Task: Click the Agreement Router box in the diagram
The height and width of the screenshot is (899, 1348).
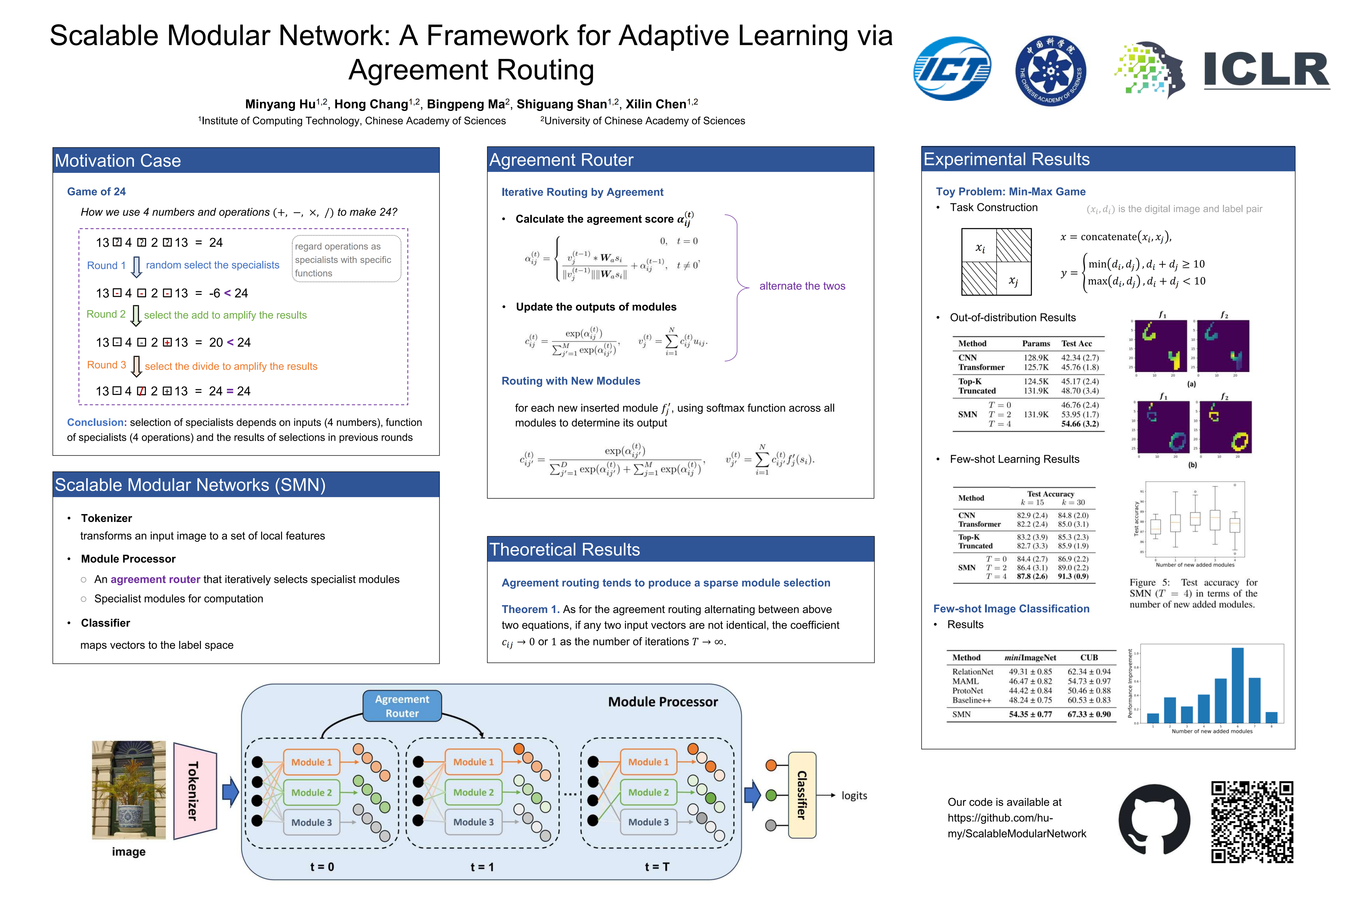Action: [402, 706]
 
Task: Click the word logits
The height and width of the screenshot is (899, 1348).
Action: [854, 795]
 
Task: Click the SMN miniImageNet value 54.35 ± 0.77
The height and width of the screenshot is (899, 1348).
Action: [1030, 715]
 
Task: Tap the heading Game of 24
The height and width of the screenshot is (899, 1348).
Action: [96, 191]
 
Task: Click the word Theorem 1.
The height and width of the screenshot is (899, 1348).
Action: [530, 609]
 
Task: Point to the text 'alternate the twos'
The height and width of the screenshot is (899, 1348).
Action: [802, 286]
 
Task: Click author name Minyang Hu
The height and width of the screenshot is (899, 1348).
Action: [280, 104]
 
